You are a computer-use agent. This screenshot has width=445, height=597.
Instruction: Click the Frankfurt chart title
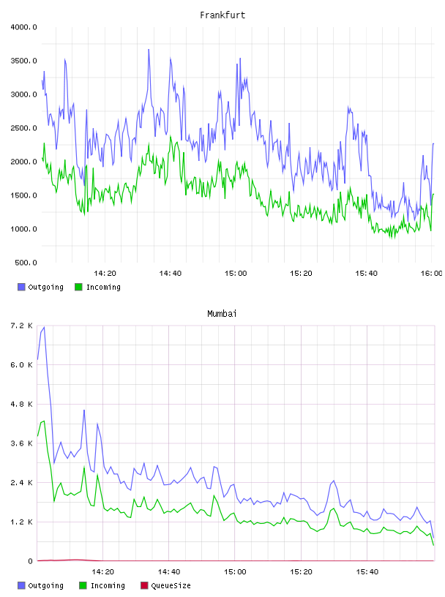click(222, 15)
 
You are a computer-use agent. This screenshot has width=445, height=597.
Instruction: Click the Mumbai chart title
click(222, 314)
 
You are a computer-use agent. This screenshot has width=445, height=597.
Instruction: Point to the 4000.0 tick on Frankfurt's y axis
click(23, 27)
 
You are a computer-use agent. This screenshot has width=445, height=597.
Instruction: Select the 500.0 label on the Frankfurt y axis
click(26, 263)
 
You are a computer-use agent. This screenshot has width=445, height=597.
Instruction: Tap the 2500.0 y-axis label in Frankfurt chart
click(23, 128)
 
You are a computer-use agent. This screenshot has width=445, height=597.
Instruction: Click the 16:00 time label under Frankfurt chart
click(431, 274)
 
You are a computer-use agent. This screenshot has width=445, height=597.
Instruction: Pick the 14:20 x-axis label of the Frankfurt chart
click(105, 274)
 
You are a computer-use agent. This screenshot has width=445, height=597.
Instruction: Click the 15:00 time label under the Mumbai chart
click(235, 572)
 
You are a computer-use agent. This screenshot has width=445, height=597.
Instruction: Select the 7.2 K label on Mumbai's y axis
click(22, 326)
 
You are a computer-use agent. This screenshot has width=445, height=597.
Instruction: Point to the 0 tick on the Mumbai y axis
click(31, 561)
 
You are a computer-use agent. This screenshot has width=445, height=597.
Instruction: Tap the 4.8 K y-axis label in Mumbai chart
click(22, 404)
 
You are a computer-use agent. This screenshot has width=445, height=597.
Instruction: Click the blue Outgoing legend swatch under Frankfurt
click(21, 287)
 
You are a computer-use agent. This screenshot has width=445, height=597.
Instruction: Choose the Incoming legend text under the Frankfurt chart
click(103, 287)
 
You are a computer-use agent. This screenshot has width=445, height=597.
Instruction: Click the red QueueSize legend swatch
click(144, 585)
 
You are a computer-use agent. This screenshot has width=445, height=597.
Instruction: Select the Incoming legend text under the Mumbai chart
click(108, 585)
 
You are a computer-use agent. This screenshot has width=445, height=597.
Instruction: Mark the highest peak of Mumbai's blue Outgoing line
click(44, 327)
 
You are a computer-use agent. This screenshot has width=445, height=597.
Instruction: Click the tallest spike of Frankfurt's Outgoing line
click(149, 50)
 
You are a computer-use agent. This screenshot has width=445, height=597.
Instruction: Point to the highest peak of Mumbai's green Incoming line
click(44, 421)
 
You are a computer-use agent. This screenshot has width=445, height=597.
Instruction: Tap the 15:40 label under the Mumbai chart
click(367, 572)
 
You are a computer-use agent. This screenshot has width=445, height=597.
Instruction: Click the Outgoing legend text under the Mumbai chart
click(45, 585)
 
